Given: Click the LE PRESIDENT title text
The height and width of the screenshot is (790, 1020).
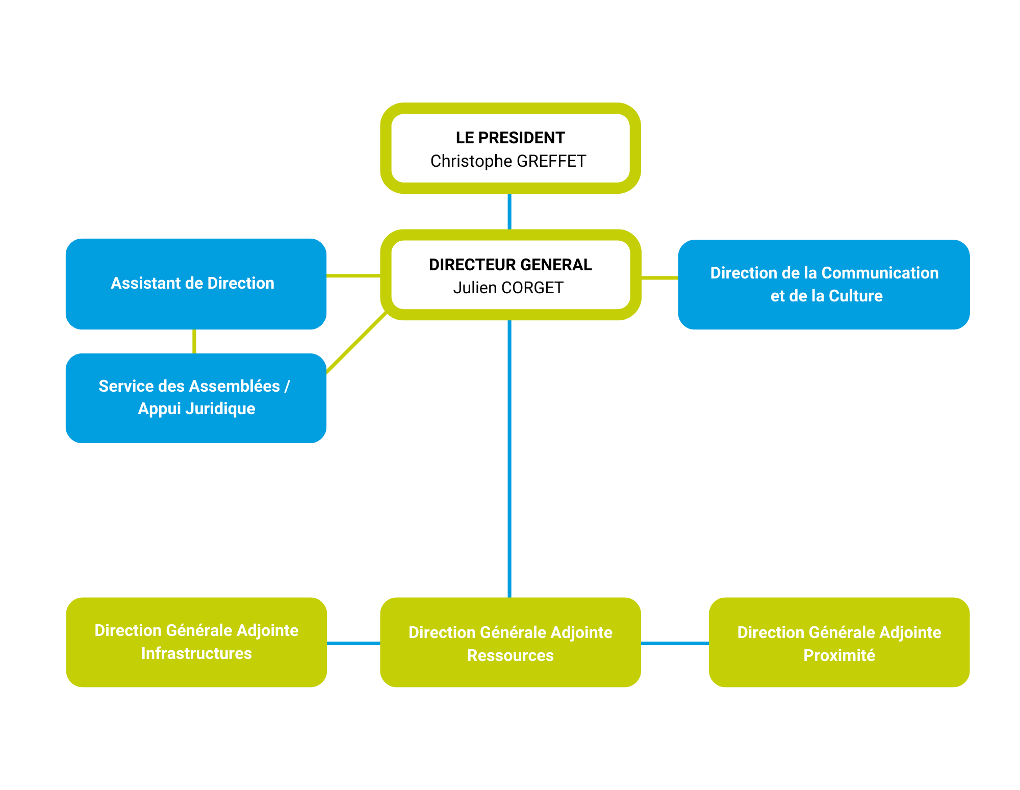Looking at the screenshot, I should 510,138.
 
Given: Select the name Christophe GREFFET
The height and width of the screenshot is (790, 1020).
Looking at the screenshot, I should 508,161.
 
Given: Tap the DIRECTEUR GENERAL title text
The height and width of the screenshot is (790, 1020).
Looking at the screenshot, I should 510,265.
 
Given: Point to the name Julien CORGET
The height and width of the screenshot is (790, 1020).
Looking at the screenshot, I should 508,288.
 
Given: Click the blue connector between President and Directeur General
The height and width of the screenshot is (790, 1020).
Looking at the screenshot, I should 509,211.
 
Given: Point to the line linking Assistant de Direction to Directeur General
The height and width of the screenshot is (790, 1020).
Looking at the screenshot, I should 353,275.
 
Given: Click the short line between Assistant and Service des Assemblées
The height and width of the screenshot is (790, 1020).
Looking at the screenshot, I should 194,341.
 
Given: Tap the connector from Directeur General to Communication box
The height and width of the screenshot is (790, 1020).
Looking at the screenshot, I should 659,278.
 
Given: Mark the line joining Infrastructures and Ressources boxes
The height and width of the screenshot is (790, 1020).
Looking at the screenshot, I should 353,643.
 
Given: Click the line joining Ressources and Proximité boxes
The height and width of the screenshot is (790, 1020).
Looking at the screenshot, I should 674,643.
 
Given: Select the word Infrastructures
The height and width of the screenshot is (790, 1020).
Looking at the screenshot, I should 196,653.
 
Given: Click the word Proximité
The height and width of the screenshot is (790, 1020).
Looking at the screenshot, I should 839,655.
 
